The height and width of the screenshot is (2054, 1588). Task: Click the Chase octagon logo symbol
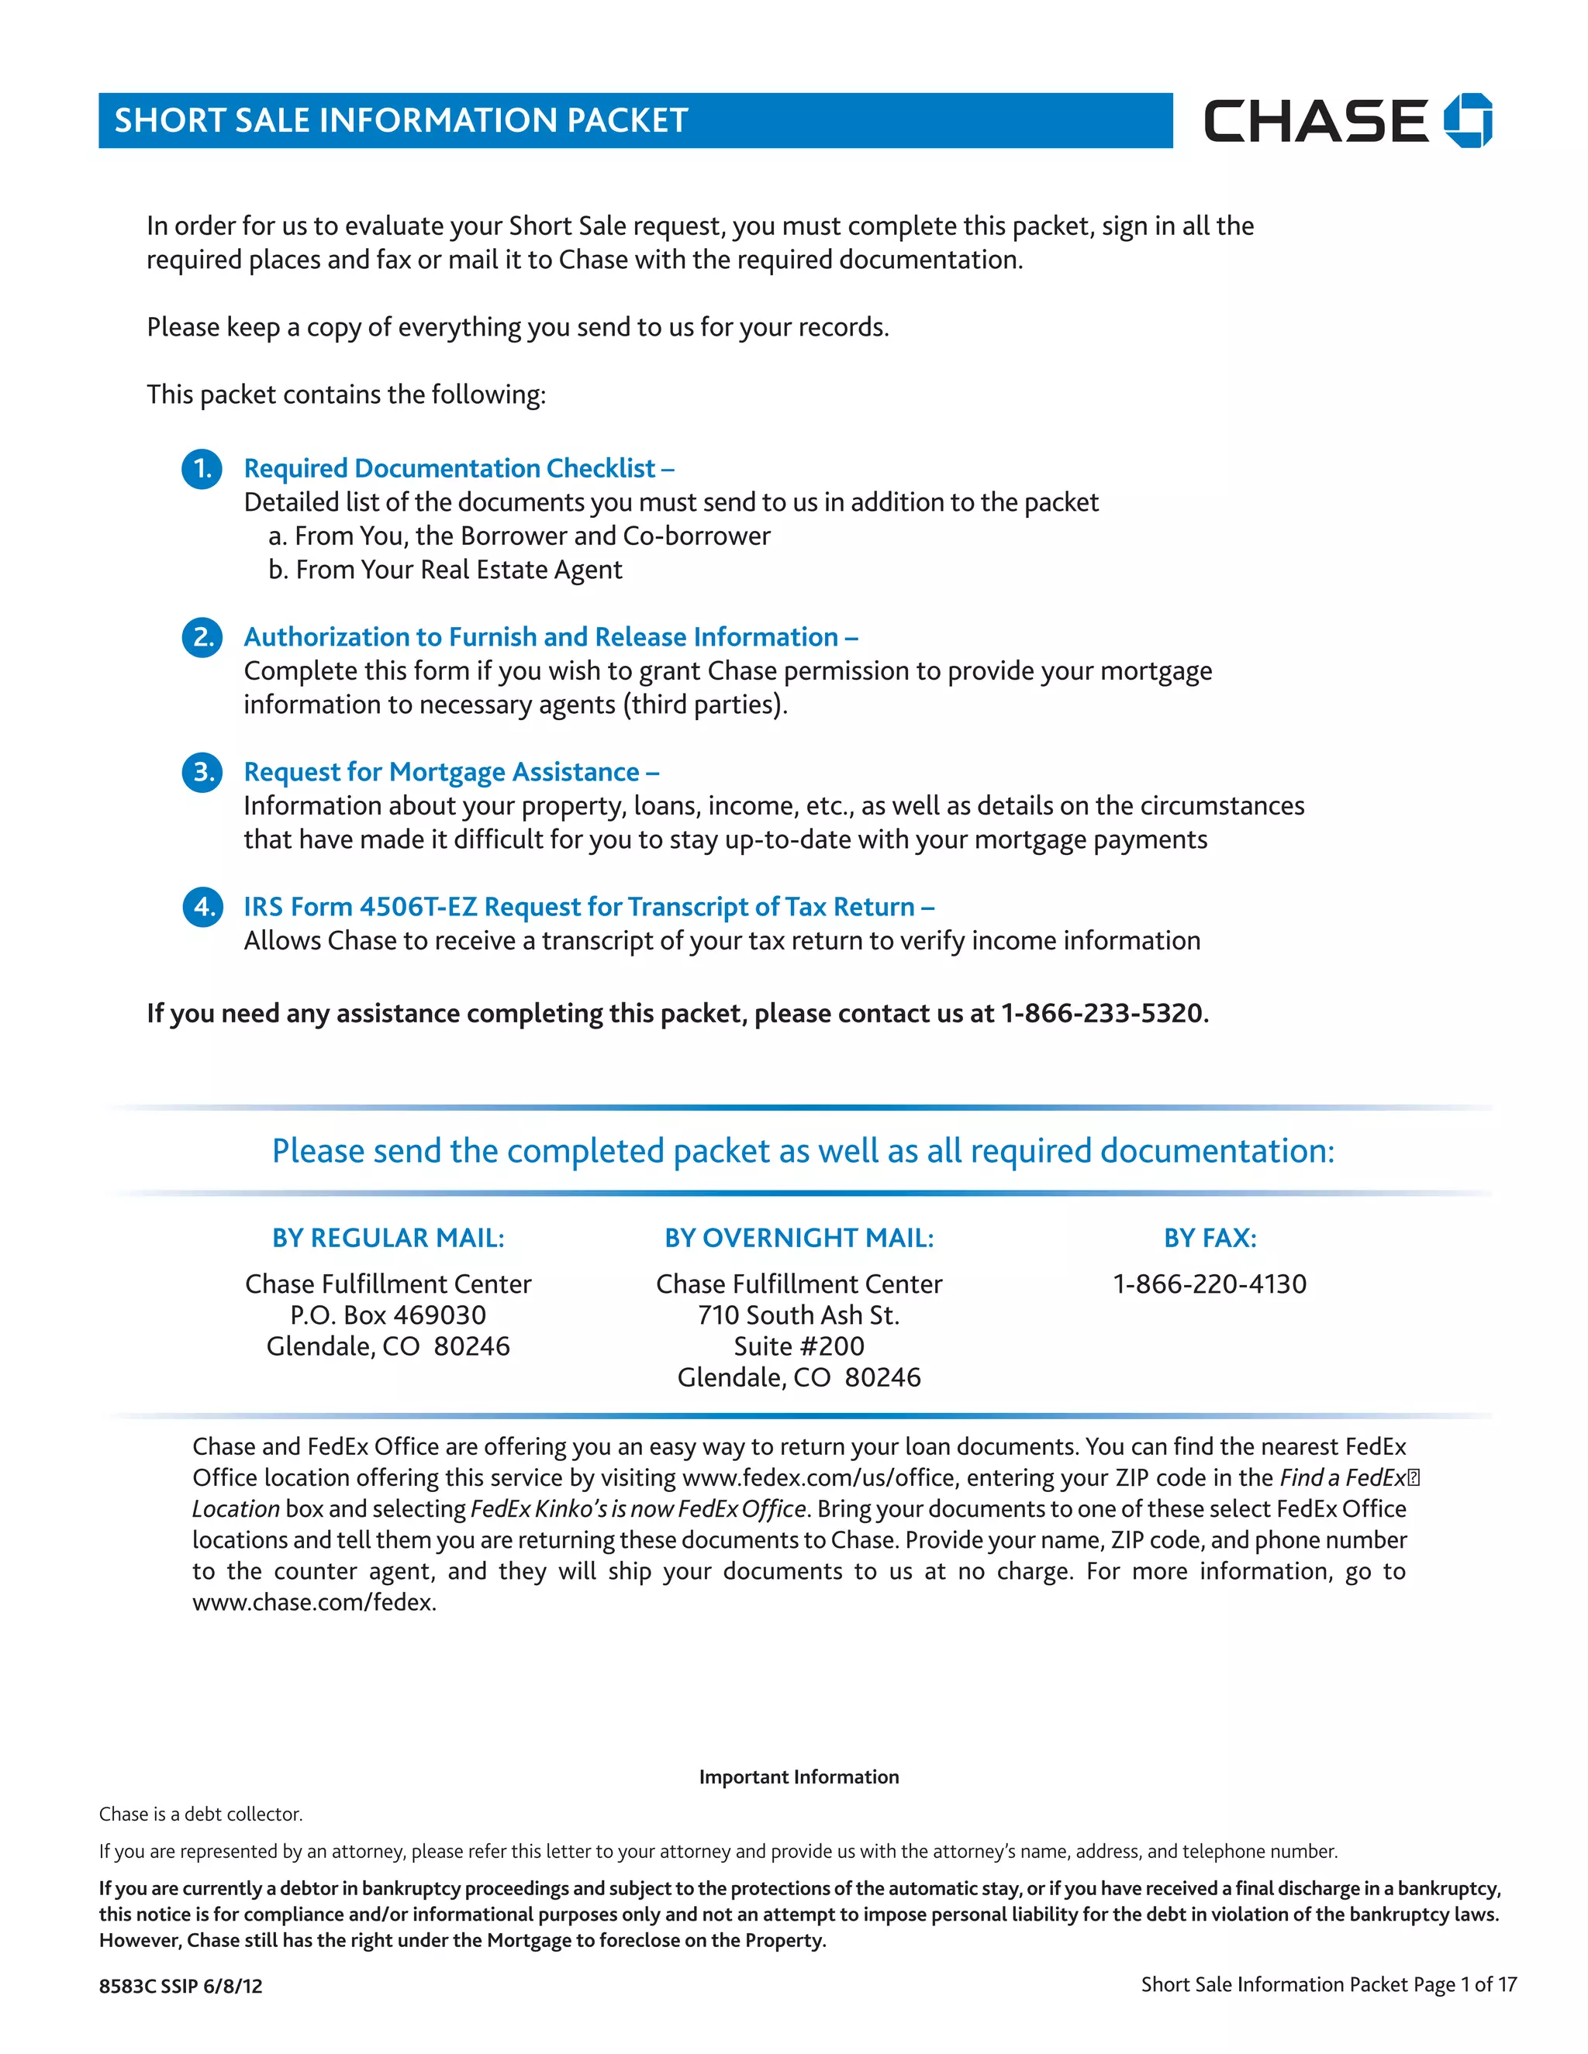point(1468,120)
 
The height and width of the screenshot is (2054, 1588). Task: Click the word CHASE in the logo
point(1315,122)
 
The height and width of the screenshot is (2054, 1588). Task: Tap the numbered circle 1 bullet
point(202,468)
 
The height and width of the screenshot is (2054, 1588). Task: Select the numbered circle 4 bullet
point(202,907)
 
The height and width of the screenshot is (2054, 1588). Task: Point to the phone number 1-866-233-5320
point(1102,1014)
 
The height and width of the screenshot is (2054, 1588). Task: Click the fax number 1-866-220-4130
point(1210,1284)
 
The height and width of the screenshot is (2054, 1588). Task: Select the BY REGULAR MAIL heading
point(388,1238)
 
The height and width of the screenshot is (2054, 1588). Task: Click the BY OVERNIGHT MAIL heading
point(799,1238)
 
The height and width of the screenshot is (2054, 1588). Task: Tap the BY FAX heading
point(1210,1238)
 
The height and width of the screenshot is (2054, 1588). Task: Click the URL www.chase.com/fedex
point(314,1603)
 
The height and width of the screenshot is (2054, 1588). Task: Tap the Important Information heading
point(799,1777)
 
